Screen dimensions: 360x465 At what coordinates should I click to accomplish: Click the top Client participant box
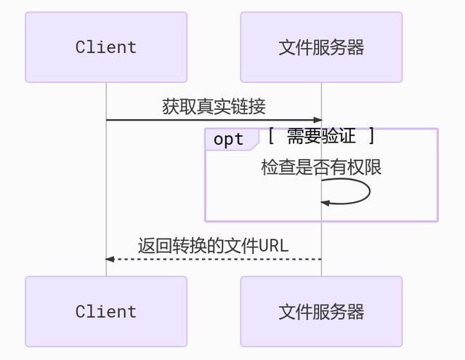(x=106, y=47)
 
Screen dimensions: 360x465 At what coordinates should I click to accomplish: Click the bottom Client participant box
(x=106, y=311)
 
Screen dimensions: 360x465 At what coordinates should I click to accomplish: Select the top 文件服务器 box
(x=321, y=47)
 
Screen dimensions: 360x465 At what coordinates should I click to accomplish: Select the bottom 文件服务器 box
(x=321, y=311)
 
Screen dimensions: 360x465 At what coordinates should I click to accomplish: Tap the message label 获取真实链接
(x=214, y=107)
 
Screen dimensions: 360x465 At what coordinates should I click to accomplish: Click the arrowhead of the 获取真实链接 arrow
(x=318, y=120)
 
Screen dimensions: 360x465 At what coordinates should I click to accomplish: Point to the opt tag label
(x=229, y=140)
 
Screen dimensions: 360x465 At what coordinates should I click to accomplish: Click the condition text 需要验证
(x=321, y=136)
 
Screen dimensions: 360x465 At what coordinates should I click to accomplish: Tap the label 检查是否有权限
(x=321, y=167)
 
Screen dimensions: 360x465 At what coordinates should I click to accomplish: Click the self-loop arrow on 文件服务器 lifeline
(x=368, y=192)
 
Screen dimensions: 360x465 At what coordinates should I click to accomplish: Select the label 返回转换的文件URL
(x=214, y=246)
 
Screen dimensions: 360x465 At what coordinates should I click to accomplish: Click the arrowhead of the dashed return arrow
(x=110, y=259)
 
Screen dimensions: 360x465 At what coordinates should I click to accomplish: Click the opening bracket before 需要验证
(x=271, y=136)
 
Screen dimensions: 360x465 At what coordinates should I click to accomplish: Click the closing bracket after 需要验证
(x=372, y=136)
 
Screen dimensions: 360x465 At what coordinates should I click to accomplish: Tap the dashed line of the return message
(x=218, y=259)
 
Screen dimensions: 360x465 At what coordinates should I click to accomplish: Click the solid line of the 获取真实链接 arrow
(x=211, y=120)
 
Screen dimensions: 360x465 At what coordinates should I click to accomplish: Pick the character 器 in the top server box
(x=355, y=47)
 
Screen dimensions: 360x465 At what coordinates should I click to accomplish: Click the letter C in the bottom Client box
(x=81, y=311)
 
